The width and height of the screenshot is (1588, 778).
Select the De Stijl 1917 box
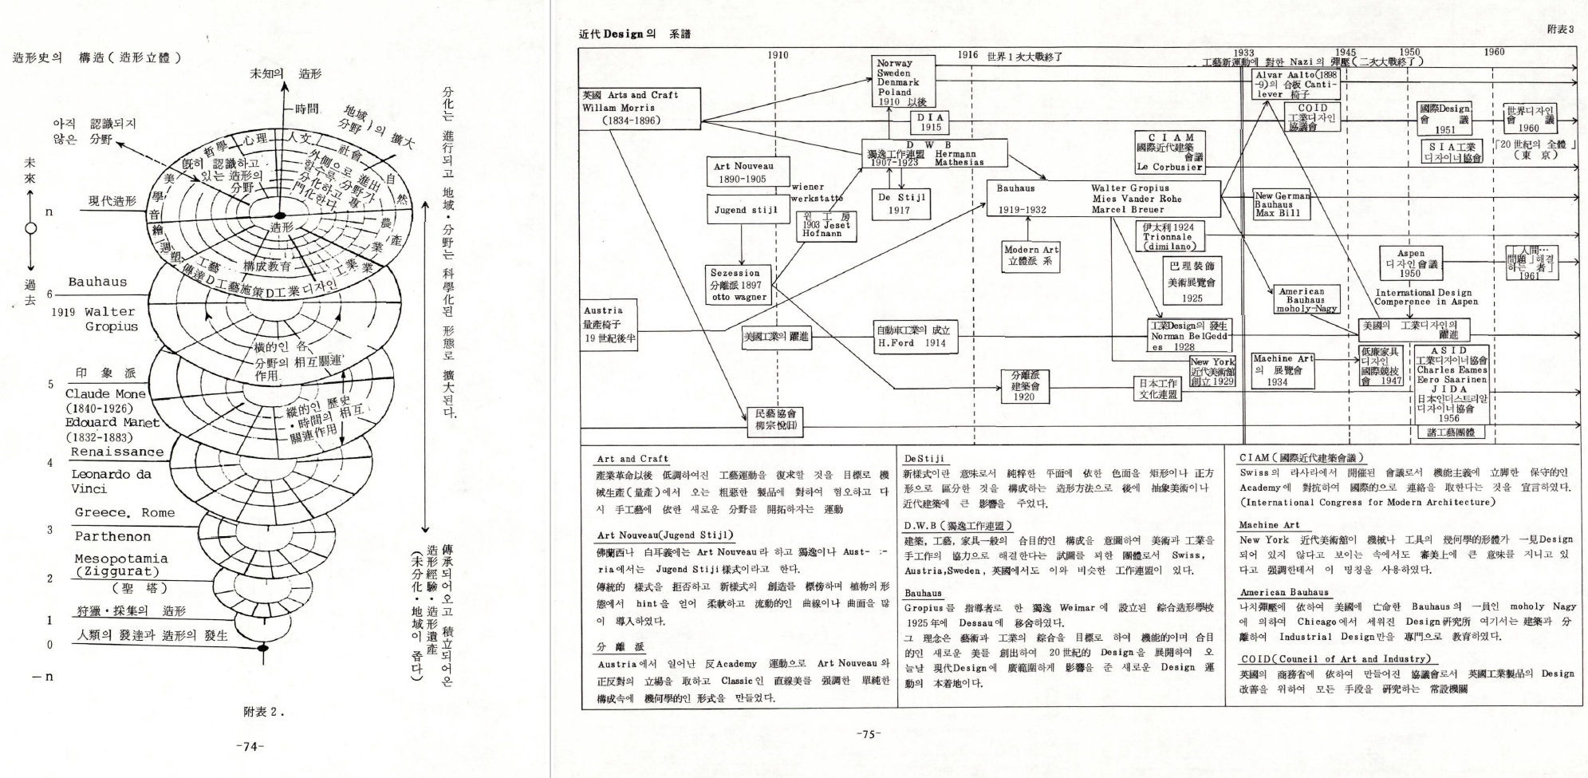pos(900,203)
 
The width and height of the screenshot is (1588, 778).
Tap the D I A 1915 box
pos(930,122)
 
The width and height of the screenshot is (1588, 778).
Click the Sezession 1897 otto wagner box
pos(739,285)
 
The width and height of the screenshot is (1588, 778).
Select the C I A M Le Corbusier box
pos(1170,152)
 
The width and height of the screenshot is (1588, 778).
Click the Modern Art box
pos(1031,255)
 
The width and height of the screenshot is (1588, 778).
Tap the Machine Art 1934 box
pos(1282,370)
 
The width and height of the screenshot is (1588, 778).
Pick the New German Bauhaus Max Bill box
pos(1281,204)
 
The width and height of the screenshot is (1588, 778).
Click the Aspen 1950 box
pos(1410,263)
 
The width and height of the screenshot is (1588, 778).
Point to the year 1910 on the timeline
pos(777,55)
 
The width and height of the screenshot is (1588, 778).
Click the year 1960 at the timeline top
pos(1494,52)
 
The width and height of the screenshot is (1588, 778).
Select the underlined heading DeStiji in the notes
pos(924,459)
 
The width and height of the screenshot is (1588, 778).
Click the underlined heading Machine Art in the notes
pos(1269,525)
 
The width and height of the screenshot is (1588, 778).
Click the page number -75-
pos(867,734)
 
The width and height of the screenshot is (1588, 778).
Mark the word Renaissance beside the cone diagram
pos(116,452)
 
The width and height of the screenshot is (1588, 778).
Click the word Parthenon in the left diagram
pos(112,536)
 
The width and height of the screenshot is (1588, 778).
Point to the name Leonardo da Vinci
pos(110,480)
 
